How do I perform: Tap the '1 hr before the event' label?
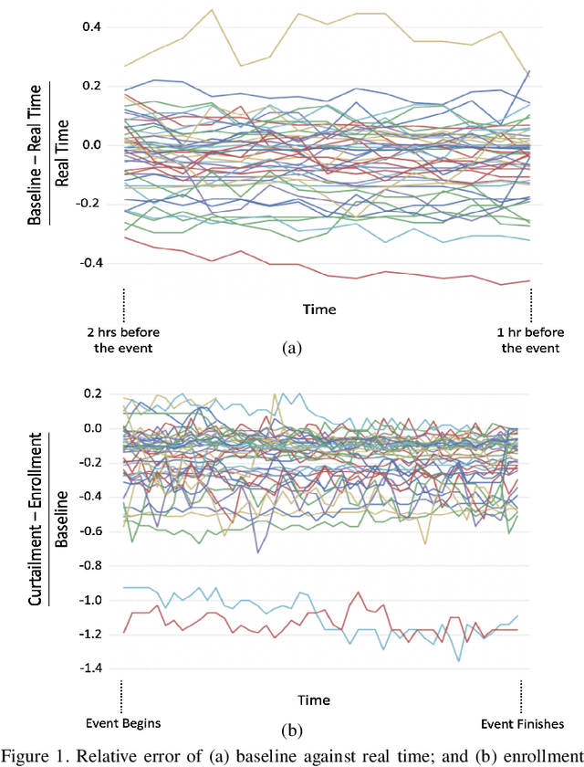pos(531,338)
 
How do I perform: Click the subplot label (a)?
pos(291,348)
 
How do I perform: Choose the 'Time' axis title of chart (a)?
pos(318,310)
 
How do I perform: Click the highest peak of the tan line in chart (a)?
pos(212,10)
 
